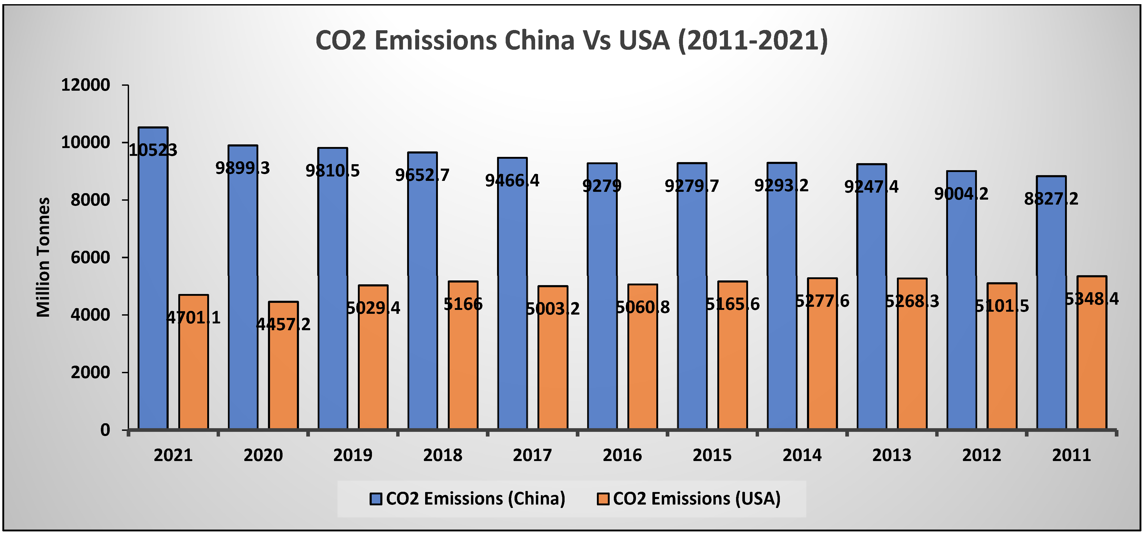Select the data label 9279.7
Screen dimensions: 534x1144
coord(692,186)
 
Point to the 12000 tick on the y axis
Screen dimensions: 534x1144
coord(85,85)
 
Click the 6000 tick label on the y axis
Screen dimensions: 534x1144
coord(90,257)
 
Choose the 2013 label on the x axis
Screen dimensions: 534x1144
coord(891,455)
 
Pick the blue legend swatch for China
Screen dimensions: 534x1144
coord(376,499)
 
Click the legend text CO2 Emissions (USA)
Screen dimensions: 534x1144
coord(696,499)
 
